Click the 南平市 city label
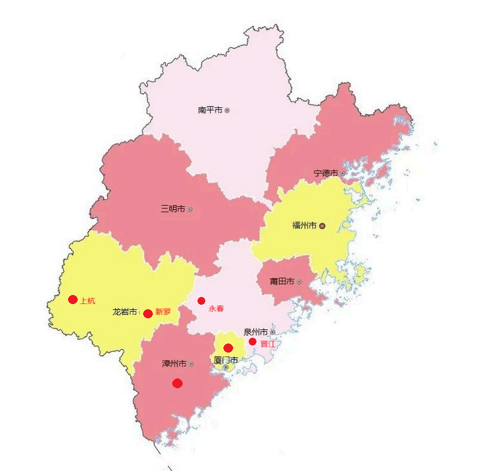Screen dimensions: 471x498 210,110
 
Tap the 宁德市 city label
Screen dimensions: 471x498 326,173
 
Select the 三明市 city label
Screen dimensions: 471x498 173,209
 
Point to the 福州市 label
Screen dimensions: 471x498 304,226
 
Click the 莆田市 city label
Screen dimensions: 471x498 282,281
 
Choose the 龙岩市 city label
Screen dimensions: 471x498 125,312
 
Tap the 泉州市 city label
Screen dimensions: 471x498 256,332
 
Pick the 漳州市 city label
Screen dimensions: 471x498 174,364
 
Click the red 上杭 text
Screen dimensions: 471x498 87,300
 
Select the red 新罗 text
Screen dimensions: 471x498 163,312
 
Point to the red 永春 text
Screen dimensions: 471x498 216,309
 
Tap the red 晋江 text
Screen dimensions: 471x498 268,344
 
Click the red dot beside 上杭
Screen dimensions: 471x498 73,300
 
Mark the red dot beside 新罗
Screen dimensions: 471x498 148,314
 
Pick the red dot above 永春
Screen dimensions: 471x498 201,301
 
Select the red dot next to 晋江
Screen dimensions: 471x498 253,342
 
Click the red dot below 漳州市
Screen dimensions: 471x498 177,383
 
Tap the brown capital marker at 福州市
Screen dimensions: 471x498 322,226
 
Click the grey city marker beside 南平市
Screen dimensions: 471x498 227,111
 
